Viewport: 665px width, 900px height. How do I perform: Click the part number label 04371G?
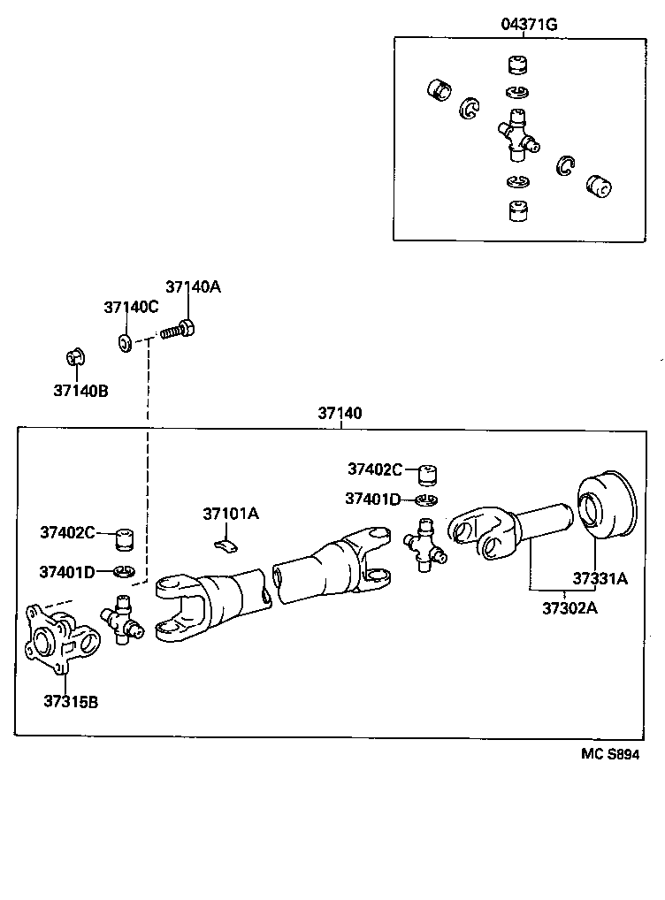(x=529, y=25)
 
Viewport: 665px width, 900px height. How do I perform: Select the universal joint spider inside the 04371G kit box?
(x=516, y=135)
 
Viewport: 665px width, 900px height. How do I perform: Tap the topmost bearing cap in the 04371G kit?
(x=516, y=66)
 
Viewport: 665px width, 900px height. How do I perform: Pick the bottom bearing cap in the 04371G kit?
(x=516, y=212)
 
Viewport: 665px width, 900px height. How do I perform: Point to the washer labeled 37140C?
(x=126, y=341)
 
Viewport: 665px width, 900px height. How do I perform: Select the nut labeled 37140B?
(x=75, y=358)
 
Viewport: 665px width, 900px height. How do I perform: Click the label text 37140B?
(x=80, y=390)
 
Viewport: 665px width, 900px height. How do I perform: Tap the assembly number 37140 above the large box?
(x=340, y=414)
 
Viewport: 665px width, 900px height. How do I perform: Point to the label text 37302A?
(x=569, y=607)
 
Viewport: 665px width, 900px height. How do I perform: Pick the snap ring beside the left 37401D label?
(x=124, y=571)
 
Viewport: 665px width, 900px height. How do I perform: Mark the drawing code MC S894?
(x=609, y=754)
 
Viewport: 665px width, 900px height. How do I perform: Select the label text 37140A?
(x=193, y=286)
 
